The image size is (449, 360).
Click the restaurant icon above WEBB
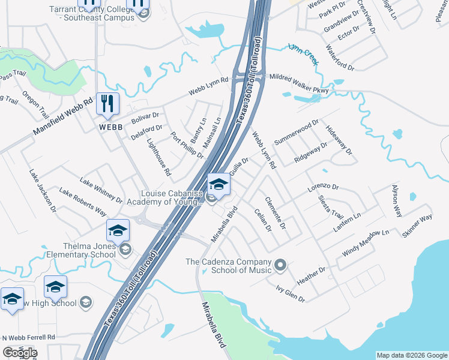107,103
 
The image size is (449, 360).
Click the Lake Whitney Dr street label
101,191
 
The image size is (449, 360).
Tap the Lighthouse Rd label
159,158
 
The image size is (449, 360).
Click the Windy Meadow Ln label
366,241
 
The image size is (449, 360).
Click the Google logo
19,353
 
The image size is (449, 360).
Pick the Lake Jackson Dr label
42,190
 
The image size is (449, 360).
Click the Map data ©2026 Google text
412,355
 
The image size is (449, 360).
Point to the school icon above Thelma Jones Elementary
118,230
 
